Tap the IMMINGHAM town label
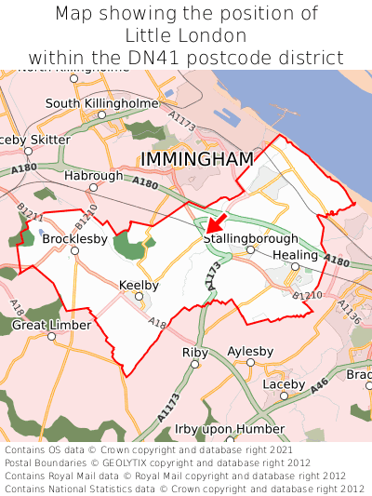click(196, 159)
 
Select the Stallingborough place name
click(251, 239)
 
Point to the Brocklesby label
click(74, 239)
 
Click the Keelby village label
click(139, 286)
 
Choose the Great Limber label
click(51, 325)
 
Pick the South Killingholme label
click(101, 103)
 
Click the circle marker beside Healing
click(295, 267)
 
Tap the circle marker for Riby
click(195, 365)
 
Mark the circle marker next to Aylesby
click(250, 363)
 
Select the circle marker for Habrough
click(93, 187)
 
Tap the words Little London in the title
click(186, 35)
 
